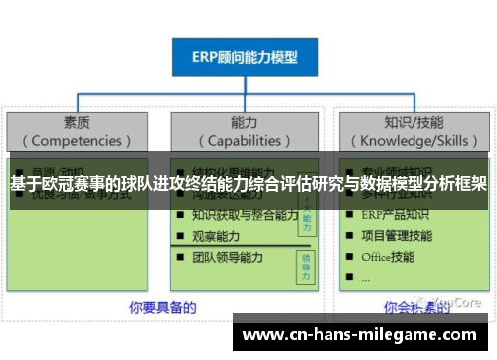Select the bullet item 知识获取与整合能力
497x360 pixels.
[x=245, y=214]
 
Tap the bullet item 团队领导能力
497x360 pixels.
[x=228, y=258]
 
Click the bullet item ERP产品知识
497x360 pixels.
[x=397, y=214]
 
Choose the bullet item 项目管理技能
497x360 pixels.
[x=397, y=236]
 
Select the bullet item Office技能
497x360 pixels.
[x=388, y=257]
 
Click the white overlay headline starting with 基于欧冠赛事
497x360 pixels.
[x=248, y=184]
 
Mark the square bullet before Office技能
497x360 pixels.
[x=349, y=258]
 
